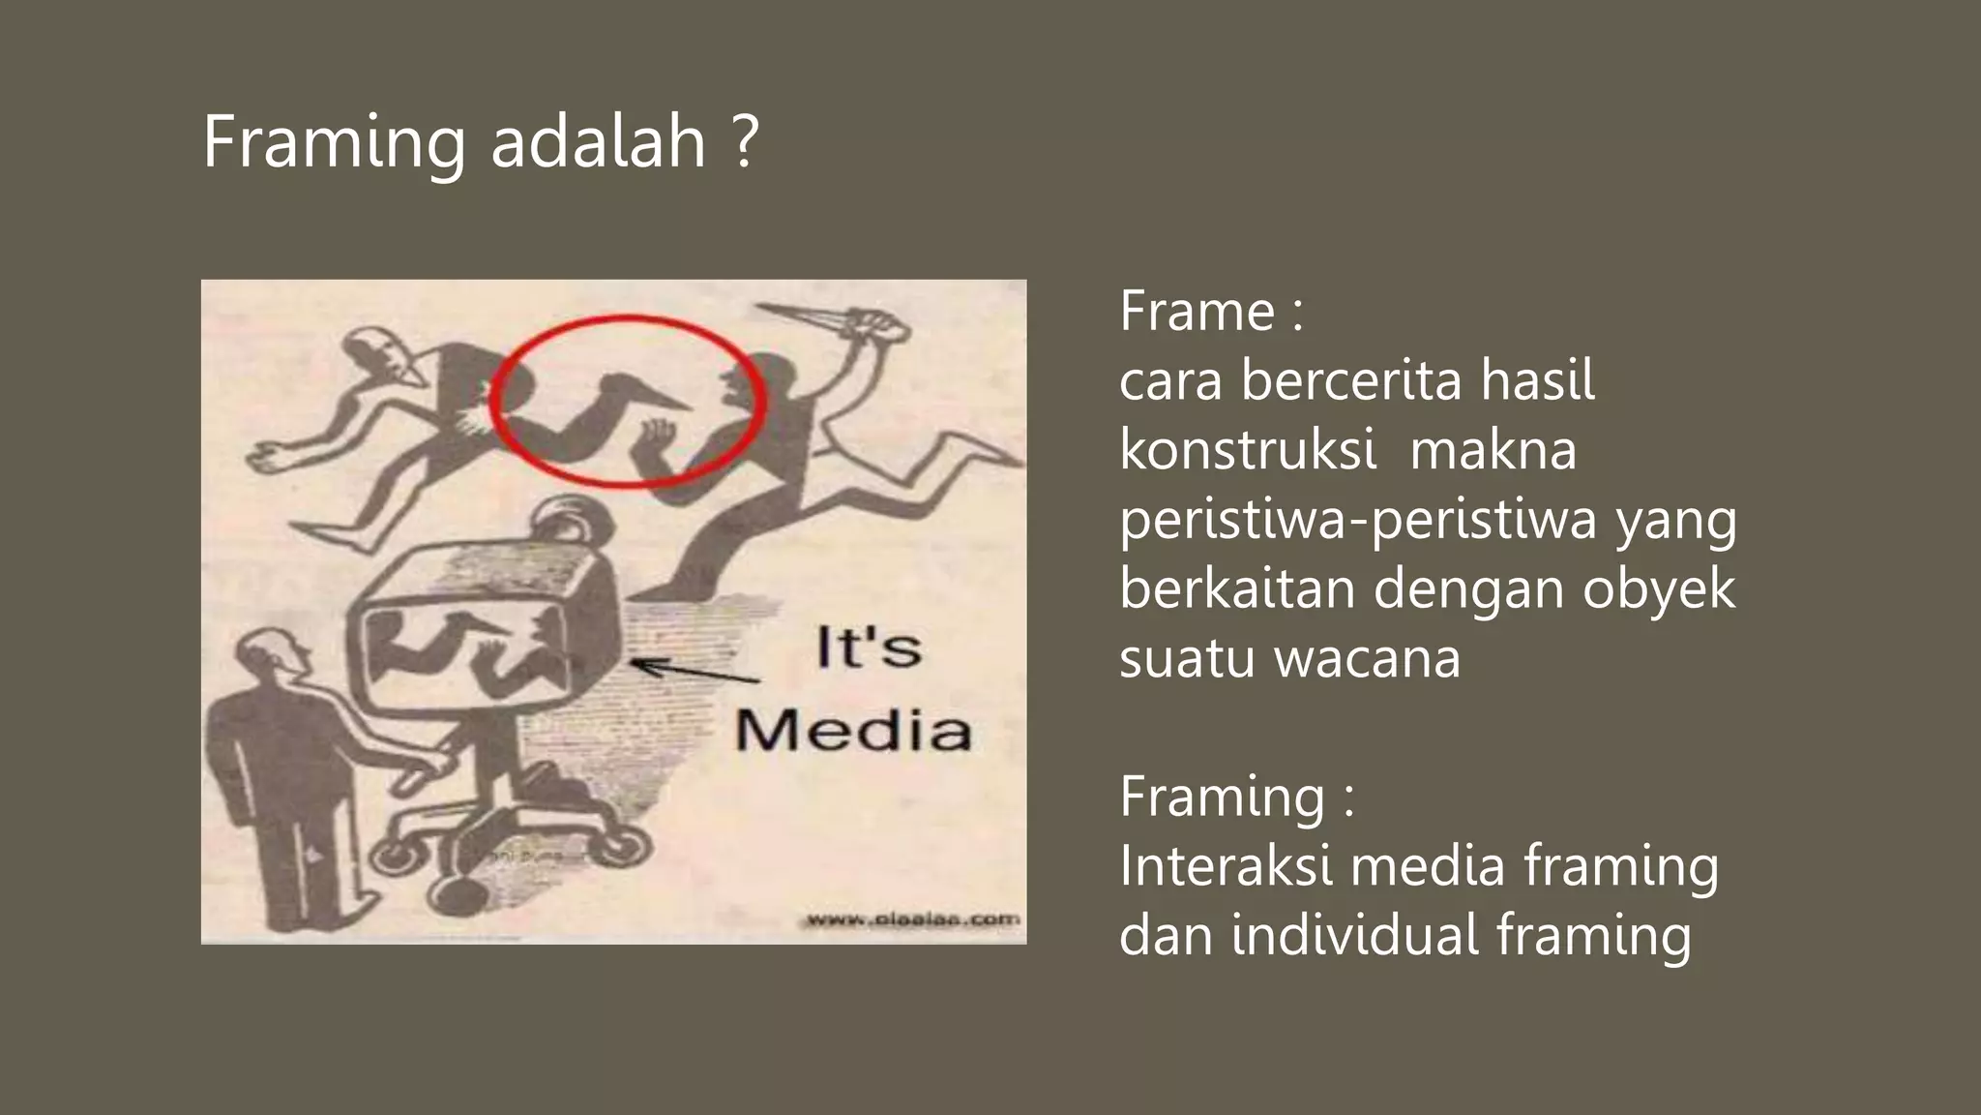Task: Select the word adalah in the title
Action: pos(599,143)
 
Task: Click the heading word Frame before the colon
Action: pos(1197,312)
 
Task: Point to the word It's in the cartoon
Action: pos(868,648)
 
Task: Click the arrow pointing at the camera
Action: pos(694,670)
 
